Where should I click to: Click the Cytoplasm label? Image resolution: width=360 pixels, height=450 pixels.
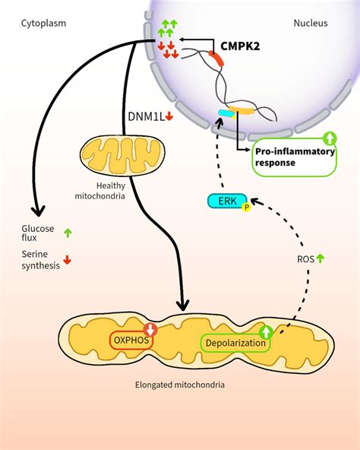(x=43, y=23)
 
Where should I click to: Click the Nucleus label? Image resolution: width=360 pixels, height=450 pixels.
(x=311, y=23)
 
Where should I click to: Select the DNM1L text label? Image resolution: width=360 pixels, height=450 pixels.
(x=145, y=116)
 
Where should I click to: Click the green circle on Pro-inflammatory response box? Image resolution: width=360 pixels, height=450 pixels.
(x=329, y=138)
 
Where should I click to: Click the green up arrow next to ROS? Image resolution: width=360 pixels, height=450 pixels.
(x=320, y=258)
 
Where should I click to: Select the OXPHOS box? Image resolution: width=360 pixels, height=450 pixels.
(x=131, y=341)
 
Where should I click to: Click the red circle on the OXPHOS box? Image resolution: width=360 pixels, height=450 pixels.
(x=150, y=330)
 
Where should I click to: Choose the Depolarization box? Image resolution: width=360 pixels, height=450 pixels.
(x=235, y=344)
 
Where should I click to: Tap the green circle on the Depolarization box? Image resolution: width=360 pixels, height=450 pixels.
(x=267, y=332)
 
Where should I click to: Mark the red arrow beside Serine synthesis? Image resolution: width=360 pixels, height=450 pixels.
(x=68, y=260)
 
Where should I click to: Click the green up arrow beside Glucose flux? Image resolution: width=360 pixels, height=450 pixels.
(x=68, y=233)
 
